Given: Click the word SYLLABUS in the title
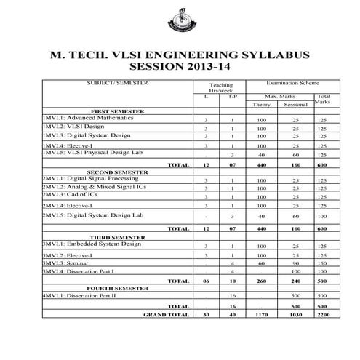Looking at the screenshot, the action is pos(272,55).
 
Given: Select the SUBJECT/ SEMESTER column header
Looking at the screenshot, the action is pos(116,84).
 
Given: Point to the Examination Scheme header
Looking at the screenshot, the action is pos(292,84).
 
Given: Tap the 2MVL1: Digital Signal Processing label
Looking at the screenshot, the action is pos(87,178).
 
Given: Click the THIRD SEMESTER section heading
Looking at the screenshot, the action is pos(114,237).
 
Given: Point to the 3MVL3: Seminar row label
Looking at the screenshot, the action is pos(61,263).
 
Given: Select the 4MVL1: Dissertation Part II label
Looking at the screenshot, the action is pos(79,297).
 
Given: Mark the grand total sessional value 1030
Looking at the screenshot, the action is pos(295,315).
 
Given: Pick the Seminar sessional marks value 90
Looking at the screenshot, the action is pos(295,263).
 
